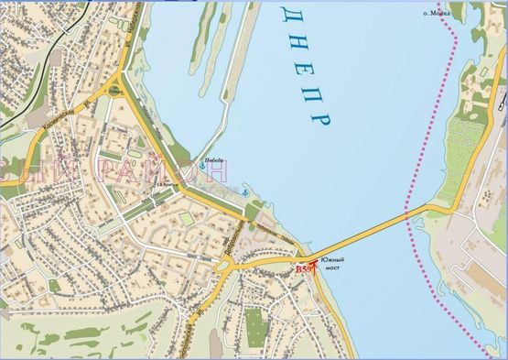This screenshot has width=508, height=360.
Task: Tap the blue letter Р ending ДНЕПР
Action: (x=321, y=120)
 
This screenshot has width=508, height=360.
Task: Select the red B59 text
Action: (x=303, y=269)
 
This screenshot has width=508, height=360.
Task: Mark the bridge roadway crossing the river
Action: (x=366, y=235)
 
